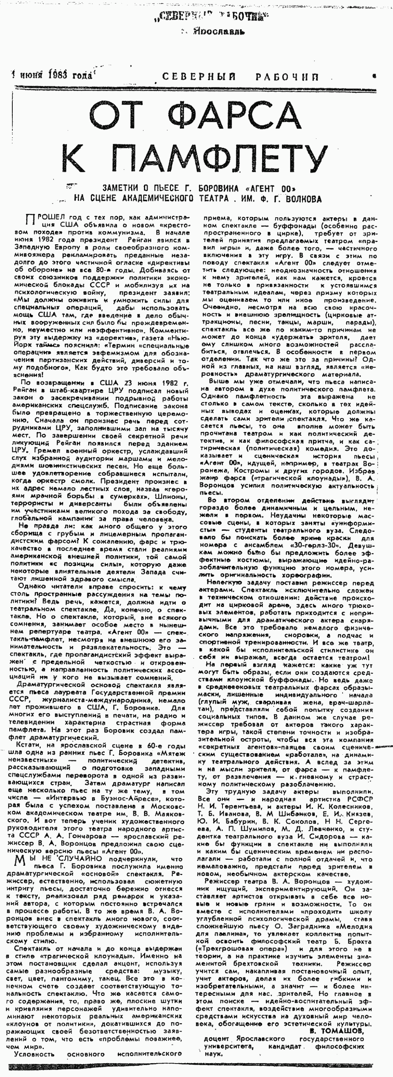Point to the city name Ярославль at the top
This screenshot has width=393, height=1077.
[219, 32]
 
